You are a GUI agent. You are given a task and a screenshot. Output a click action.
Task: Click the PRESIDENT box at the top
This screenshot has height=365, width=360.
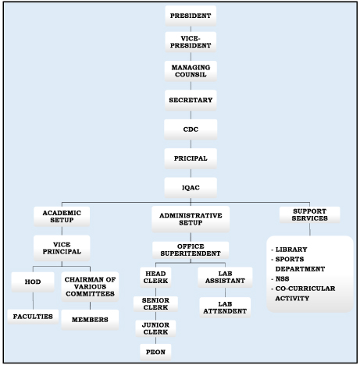pos(191,16)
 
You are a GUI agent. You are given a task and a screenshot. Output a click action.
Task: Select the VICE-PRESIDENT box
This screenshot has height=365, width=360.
pos(191,42)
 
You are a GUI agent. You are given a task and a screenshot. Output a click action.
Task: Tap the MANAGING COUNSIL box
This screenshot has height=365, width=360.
pos(191,71)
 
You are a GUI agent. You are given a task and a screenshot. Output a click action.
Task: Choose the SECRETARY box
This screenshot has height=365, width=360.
pos(191,100)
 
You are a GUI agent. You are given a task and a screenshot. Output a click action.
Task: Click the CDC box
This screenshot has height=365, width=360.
pos(191,129)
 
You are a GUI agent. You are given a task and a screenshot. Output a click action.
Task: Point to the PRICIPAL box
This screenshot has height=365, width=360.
pos(191,158)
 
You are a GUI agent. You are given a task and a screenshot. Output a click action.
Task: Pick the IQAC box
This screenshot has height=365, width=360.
pos(191,187)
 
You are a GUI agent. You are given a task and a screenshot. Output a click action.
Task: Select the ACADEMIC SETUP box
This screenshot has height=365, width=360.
pos(62,216)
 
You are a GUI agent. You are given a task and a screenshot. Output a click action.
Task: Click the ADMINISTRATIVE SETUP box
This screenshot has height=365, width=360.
pos(191,219)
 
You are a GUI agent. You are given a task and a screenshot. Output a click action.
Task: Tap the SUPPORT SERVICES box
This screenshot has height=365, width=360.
pos(310,214)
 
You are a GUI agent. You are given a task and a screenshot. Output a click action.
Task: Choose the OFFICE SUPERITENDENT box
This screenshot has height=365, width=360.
pos(191,250)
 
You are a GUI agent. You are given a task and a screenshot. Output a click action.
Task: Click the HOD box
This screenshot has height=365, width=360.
pos(33,282)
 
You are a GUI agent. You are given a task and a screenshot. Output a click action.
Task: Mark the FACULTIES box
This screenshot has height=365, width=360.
pos(33,317)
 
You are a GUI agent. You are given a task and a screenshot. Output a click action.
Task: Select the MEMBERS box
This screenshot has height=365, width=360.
pos(90,320)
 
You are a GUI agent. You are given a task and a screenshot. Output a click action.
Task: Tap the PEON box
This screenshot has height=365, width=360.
pos(155,352)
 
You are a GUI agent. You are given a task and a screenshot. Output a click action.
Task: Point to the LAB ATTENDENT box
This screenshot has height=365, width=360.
pos(225,307)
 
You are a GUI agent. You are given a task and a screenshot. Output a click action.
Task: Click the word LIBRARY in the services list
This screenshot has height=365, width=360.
pos(291,250)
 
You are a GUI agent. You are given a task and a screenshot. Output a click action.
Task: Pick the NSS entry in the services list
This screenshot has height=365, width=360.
pos(283,279)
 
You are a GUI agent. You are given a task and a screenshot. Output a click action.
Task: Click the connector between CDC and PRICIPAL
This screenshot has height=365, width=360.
pos(191,144)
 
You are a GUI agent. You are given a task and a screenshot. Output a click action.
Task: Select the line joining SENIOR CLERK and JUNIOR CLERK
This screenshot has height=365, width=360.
pos(155,316)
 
